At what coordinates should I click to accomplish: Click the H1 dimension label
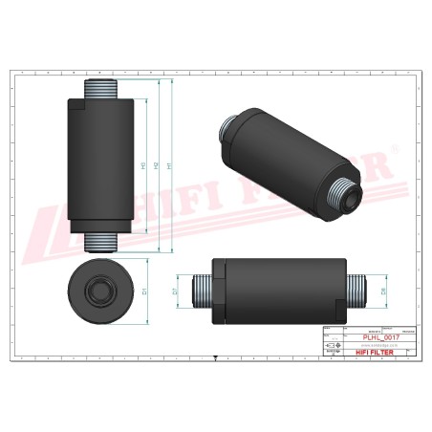pyautogui.click(x=168, y=165)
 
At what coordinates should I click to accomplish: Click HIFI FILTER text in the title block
pyautogui.click(x=376, y=352)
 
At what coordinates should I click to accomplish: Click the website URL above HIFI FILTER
pyautogui.click(x=376, y=345)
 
